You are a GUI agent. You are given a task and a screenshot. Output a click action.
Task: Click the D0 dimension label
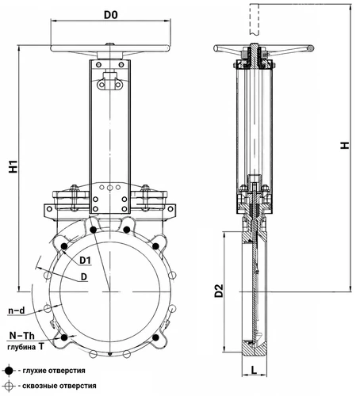tap(110, 15)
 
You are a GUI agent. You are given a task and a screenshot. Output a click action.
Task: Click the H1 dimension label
tap(13, 166)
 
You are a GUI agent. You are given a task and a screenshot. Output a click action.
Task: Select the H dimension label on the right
tap(345, 146)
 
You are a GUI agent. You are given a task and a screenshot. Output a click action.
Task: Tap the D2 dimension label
tap(219, 291)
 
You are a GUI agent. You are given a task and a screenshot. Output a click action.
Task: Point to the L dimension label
tap(254, 370)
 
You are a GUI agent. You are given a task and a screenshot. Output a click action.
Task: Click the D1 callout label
tap(85, 261)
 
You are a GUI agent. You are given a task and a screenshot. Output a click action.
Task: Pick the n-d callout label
tap(17, 310)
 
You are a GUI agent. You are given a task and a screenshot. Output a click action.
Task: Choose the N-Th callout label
tap(22, 336)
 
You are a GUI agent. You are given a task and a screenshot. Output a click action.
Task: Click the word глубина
tap(21, 347)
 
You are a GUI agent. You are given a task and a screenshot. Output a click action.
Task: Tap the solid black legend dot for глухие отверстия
tap(10, 371)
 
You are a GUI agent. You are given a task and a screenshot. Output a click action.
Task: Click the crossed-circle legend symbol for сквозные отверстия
tap(10, 386)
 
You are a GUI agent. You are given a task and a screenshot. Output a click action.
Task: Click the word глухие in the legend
tap(33, 371)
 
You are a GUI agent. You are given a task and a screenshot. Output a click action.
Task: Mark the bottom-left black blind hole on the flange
tap(64, 337)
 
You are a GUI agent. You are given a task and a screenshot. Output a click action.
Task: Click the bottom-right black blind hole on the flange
tap(155, 337)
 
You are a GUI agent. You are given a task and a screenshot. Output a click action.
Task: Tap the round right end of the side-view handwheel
tap(311, 48)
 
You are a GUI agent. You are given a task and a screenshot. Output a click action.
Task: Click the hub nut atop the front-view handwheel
tap(110, 44)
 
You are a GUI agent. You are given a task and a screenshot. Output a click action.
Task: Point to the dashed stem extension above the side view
tap(254, 19)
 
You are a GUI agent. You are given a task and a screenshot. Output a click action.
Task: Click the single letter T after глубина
tap(41, 346)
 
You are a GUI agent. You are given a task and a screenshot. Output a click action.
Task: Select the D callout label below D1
tap(84, 277)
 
